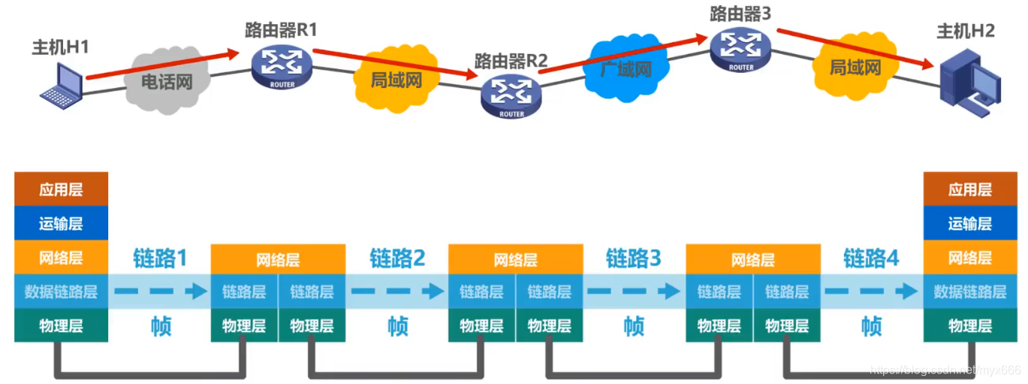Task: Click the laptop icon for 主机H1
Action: (x=62, y=85)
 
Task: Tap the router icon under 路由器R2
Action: (x=511, y=96)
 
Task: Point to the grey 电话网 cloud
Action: (x=167, y=80)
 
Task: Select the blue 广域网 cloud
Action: (x=625, y=68)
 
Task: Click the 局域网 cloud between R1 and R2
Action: (x=396, y=78)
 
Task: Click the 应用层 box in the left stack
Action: (x=62, y=189)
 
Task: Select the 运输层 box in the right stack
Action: (x=969, y=223)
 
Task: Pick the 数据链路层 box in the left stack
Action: (x=62, y=292)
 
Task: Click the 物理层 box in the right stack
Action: (x=969, y=325)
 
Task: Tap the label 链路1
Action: (x=160, y=258)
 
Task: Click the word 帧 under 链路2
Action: (x=397, y=326)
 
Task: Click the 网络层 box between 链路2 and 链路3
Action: (x=515, y=260)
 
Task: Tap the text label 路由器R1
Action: (x=281, y=30)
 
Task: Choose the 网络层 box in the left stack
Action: (x=62, y=258)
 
